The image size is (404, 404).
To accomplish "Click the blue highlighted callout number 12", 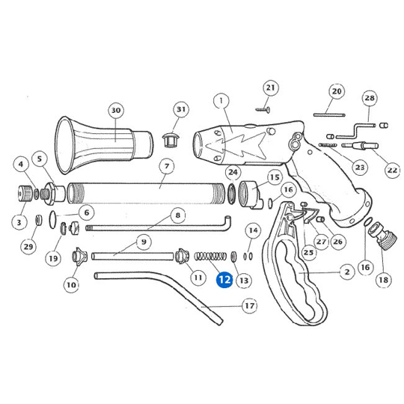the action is [224, 280].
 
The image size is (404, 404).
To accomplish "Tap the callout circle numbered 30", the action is [116, 110].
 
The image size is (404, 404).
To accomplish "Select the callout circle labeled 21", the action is [270, 88].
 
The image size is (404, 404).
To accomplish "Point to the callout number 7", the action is [167, 166].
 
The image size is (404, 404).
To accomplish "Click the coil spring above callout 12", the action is [210, 256].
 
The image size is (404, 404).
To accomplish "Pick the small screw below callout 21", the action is [263, 110].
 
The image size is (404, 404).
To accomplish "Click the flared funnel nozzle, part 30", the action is [104, 146].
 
